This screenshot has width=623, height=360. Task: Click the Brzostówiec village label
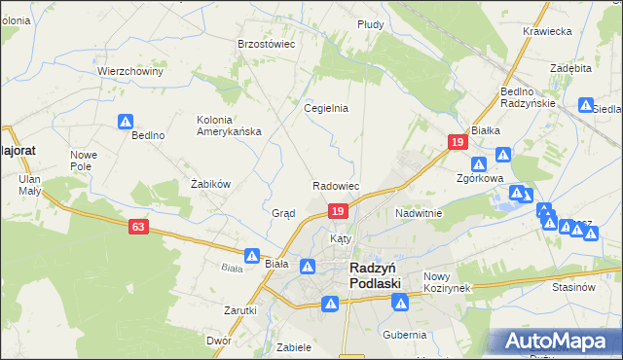tap(266, 44)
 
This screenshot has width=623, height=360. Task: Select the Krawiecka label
tap(546, 31)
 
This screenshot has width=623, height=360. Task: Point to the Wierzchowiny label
tap(128, 71)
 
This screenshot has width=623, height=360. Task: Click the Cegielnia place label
tap(326, 108)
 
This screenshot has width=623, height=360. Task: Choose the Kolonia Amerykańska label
tap(229, 126)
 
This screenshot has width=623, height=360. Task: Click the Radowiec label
tap(337, 185)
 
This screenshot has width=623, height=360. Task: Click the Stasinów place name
tap(572, 287)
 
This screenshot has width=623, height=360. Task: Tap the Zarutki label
tap(239, 310)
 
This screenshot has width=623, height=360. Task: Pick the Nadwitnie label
tap(419, 212)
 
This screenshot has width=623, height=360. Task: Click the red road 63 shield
tap(139, 227)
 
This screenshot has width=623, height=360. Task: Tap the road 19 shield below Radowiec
tap(337, 211)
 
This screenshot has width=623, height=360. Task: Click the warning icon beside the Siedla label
tap(586, 105)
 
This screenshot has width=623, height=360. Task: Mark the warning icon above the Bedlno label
tap(126, 122)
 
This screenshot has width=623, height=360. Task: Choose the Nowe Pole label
tap(83, 161)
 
